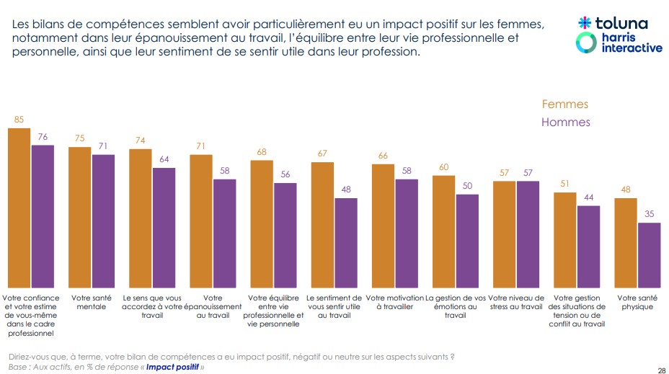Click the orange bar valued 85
click(x=19, y=208)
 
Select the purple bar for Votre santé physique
click(x=649, y=255)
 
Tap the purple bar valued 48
click(x=345, y=243)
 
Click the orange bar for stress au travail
click(x=504, y=234)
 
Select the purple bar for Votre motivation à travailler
click(x=406, y=233)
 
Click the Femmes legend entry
click(x=564, y=104)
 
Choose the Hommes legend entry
click(x=565, y=123)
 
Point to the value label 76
click(x=43, y=137)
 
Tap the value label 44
click(x=588, y=197)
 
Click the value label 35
click(x=649, y=214)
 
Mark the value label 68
click(x=262, y=152)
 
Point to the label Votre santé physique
click(x=637, y=302)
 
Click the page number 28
click(x=660, y=370)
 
